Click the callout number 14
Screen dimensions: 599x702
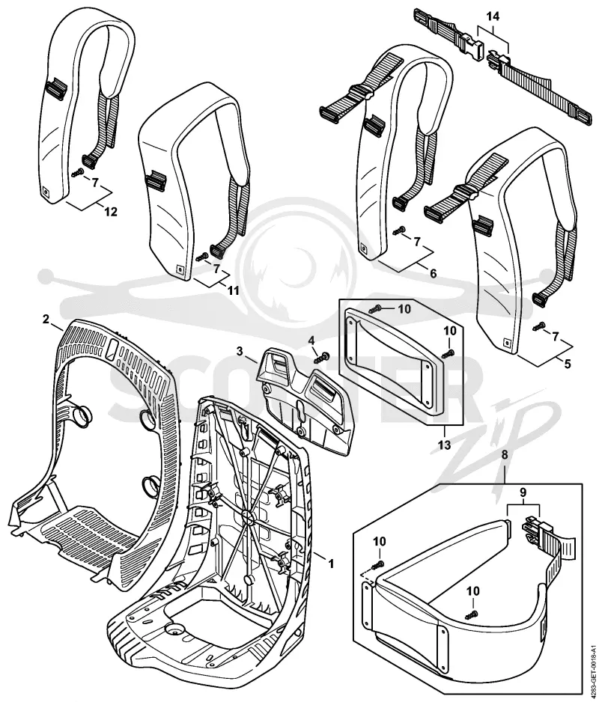pos(493,17)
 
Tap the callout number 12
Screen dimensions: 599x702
pos(110,211)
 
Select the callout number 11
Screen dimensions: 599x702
pos(233,290)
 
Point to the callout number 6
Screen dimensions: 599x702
pos(434,272)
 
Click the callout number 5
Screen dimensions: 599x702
pos(568,364)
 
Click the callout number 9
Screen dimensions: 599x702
pos(523,492)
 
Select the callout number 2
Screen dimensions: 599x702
pos(46,320)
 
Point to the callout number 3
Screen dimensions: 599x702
pos(240,350)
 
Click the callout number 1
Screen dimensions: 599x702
pos(331,564)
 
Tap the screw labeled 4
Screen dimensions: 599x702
pos(322,357)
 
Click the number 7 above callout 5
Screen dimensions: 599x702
pos(556,336)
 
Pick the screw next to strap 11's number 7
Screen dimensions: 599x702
pos(202,257)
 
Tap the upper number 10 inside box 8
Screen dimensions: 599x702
pos(379,541)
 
